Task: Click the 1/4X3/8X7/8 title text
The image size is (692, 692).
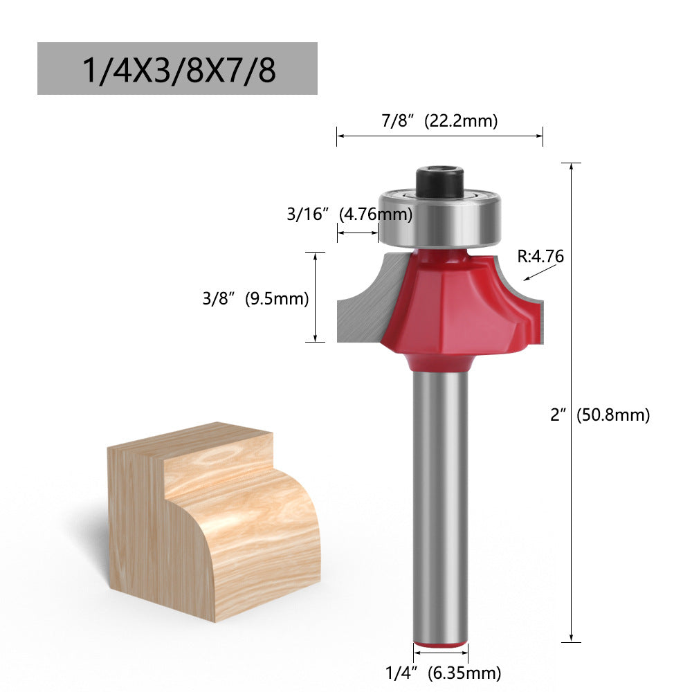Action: click(x=178, y=69)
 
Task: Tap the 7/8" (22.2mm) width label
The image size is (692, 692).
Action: click(x=439, y=121)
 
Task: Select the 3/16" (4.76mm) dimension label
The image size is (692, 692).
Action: click(x=349, y=214)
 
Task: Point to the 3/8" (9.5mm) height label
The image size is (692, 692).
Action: click(x=255, y=298)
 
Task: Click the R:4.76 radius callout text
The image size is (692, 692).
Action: click(x=540, y=256)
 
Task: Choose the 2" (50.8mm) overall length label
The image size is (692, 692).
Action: click(x=600, y=415)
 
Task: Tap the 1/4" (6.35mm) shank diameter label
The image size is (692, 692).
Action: click(x=443, y=671)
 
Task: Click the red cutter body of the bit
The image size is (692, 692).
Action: click(x=450, y=304)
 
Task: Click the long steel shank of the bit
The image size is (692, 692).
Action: click(x=440, y=498)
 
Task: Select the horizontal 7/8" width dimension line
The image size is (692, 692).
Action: click(x=439, y=136)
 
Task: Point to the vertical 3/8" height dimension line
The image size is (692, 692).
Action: click(x=316, y=298)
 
